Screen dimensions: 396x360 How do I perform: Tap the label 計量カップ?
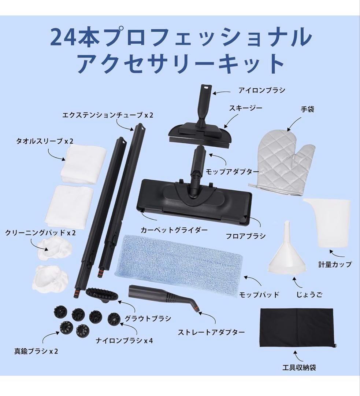tap(334, 264)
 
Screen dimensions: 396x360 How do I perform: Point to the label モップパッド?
tap(259, 294)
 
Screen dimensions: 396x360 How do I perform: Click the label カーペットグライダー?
tap(174, 231)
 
